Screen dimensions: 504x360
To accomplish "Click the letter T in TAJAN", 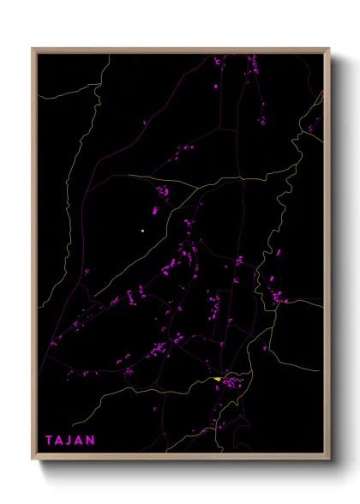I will tap(50, 440).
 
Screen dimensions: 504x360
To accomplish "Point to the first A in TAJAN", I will tap(61, 440).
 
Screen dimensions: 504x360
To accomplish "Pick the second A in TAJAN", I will tap(81, 440).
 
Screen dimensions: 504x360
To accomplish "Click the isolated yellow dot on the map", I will tap(142, 231).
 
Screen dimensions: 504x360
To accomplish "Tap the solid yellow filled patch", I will tap(219, 379).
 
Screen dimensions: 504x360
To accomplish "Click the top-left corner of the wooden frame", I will tap(33, 49).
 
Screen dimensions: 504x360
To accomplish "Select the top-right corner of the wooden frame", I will tap(328, 49).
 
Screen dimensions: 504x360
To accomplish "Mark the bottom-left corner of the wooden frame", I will tap(33, 459).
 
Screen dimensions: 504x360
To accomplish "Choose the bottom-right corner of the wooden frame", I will tap(328, 459).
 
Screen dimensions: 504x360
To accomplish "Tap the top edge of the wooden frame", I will tap(180, 50).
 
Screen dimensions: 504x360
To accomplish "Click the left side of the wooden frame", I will tap(33, 257).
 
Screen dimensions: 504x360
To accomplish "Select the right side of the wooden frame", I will tap(327, 257).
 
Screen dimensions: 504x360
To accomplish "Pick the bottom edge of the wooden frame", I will tap(180, 459).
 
